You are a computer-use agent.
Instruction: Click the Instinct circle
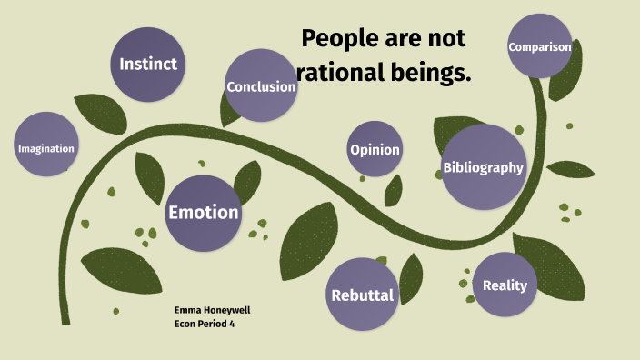[x=148, y=65]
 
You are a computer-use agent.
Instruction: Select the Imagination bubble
[x=45, y=147]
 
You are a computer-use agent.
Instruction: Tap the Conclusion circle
[x=261, y=86]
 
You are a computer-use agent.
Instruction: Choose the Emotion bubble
[x=203, y=213]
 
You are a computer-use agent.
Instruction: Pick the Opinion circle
[x=375, y=150]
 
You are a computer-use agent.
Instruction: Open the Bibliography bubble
[x=483, y=166]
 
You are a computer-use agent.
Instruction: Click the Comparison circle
[x=540, y=46]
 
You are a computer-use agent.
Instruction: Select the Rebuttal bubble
[x=363, y=295]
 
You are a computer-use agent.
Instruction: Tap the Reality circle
[x=505, y=285]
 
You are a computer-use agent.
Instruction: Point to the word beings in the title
[x=428, y=74]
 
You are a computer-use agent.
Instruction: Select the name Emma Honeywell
[x=212, y=310]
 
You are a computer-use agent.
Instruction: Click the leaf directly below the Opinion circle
[x=393, y=191]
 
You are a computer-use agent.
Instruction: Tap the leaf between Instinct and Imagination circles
[x=94, y=112]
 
